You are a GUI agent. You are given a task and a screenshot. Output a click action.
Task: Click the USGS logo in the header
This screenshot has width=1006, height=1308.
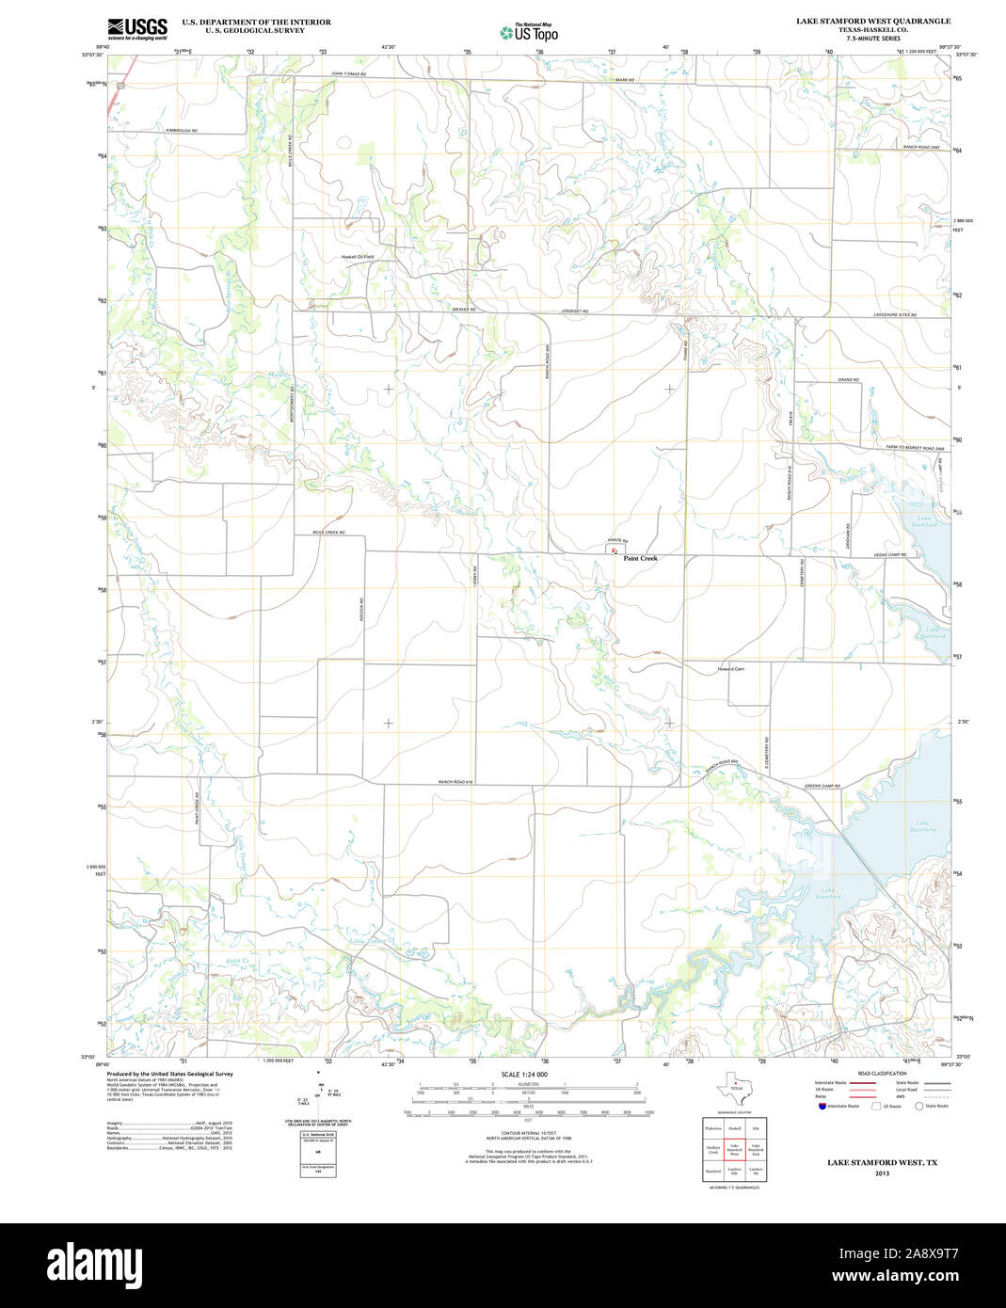tap(137, 27)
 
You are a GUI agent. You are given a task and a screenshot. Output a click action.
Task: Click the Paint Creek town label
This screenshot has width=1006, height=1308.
tap(640, 558)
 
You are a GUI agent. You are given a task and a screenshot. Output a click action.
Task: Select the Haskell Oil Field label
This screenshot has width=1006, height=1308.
tap(358, 257)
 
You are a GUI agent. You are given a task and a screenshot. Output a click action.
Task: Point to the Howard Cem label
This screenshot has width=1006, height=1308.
tap(731, 669)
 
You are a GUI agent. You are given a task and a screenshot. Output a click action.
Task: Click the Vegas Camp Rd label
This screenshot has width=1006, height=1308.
tap(888, 554)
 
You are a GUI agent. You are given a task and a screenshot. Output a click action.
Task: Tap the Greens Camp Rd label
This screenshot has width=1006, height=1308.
tap(822, 786)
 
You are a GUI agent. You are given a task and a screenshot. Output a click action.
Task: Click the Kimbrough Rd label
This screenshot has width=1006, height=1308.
tap(182, 130)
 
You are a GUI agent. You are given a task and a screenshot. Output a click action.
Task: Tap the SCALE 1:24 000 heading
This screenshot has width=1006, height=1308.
tap(524, 1074)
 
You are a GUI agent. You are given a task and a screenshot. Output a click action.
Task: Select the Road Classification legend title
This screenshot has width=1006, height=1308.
tap(882, 1074)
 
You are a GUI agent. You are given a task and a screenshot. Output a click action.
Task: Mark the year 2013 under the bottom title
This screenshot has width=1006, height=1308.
tap(882, 1173)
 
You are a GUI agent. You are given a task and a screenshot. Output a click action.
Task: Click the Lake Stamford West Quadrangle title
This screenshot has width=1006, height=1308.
tap(872, 21)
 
